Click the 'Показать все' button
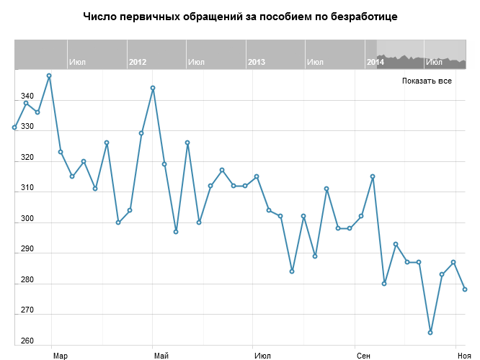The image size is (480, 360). (x=427, y=81)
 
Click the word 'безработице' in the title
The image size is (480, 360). (x=362, y=16)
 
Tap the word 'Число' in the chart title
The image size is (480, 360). (x=98, y=16)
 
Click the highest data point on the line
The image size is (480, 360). (x=49, y=76)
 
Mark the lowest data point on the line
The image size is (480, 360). (x=430, y=333)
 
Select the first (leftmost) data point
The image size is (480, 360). (x=14, y=127)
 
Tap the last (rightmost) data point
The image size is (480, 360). (x=465, y=289)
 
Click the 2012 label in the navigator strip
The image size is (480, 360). (x=138, y=62)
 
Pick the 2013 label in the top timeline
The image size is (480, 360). (x=256, y=62)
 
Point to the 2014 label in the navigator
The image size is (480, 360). (x=375, y=62)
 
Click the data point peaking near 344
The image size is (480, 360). (x=153, y=88)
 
